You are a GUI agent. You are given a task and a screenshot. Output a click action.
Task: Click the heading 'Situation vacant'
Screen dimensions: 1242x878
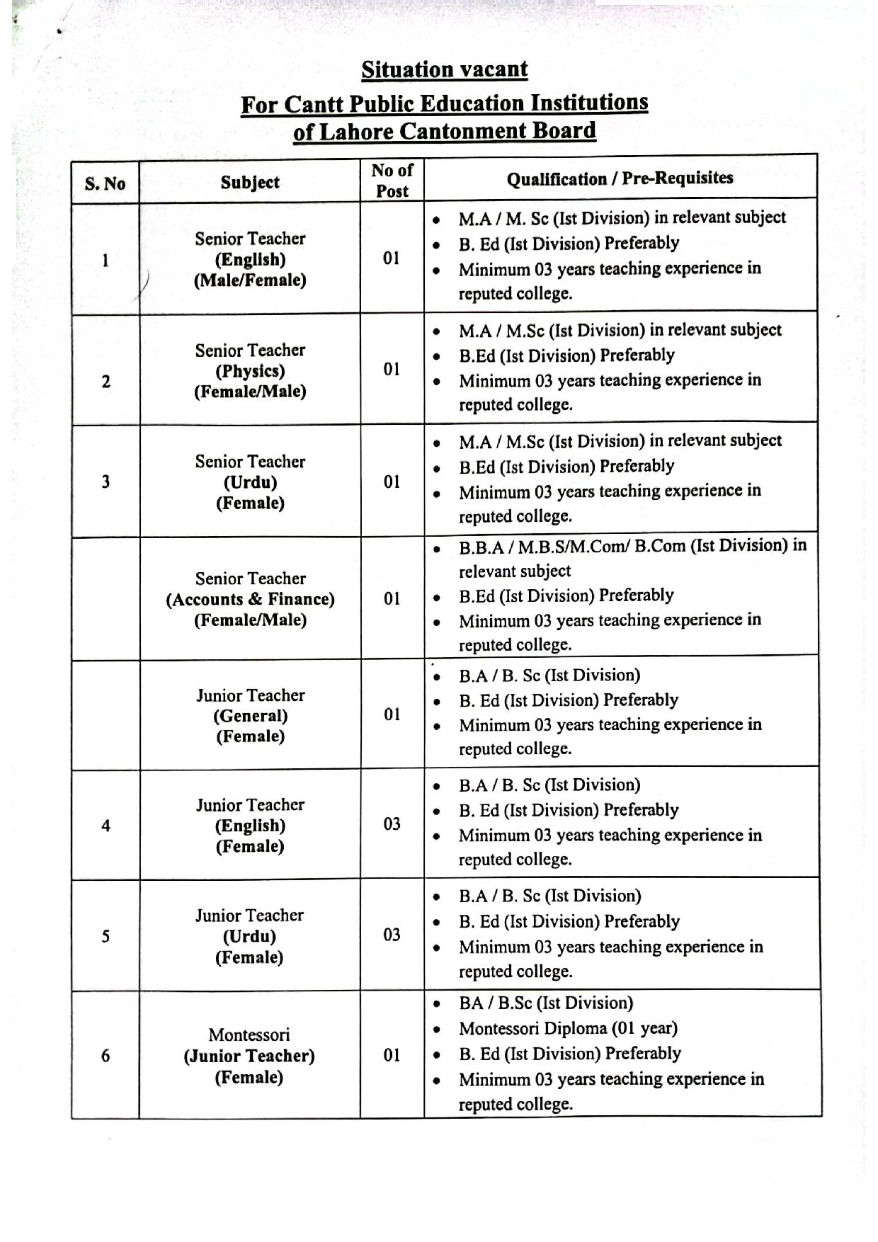(444, 69)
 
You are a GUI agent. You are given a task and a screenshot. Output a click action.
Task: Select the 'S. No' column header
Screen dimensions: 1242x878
(105, 184)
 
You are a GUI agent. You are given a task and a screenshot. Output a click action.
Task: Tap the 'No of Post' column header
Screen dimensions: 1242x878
(392, 181)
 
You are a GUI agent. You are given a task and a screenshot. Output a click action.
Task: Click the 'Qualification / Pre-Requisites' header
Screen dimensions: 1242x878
(620, 178)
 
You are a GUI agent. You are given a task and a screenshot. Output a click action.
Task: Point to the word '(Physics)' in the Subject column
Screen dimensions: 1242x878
(250, 371)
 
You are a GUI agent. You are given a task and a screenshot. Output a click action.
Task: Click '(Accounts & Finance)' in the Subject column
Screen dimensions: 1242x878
(250, 599)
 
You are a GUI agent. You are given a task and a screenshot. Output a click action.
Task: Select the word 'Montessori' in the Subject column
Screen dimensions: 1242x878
(249, 1035)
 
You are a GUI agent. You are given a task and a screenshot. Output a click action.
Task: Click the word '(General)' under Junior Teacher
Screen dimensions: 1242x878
(250, 716)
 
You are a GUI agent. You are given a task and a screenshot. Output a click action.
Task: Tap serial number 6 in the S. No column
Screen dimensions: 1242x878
(106, 1056)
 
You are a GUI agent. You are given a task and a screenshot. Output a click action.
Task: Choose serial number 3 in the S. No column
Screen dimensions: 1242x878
(106, 482)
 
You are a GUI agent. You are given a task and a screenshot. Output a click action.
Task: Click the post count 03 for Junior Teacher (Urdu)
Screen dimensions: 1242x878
(392, 935)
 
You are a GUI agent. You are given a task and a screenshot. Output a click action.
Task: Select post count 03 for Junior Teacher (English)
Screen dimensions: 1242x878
(392, 824)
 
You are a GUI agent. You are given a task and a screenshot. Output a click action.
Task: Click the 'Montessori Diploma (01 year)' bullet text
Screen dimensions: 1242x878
(568, 1028)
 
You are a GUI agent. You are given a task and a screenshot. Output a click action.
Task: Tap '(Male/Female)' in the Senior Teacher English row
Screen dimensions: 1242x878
(250, 280)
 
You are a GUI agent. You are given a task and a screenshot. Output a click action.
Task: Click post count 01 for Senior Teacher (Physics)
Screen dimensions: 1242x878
(392, 369)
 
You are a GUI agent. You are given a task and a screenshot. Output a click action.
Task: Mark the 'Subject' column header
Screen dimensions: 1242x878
(249, 183)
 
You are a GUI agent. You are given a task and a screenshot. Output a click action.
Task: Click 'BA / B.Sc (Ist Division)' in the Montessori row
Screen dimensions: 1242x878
(545, 1003)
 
